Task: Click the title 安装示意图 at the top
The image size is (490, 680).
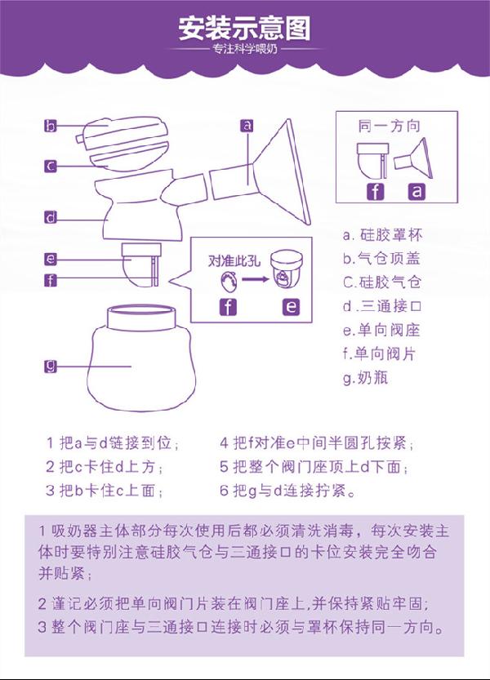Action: click(x=244, y=29)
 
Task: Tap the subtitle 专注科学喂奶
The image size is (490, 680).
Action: click(x=244, y=50)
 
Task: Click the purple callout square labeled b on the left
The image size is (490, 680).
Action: click(x=51, y=126)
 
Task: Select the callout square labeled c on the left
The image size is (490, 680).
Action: click(x=51, y=165)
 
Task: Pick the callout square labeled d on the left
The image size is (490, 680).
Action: click(x=51, y=217)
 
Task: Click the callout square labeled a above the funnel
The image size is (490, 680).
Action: click(x=247, y=125)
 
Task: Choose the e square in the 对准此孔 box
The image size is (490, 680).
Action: click(x=291, y=307)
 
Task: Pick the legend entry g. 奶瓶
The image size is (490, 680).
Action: click(x=365, y=378)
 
